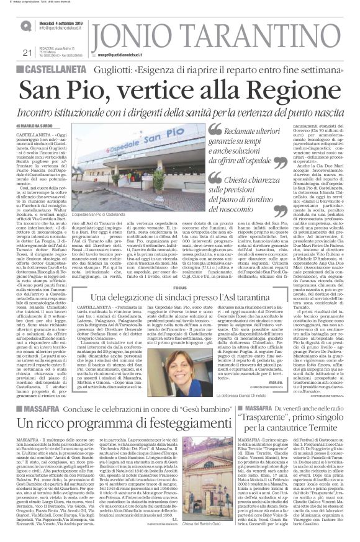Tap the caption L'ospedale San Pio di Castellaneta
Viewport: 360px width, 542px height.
tap(109, 213)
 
